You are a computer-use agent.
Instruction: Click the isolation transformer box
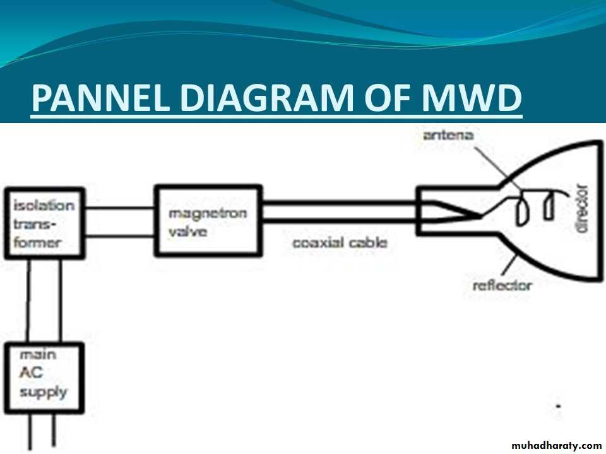pos(45,223)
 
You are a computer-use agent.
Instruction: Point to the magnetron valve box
pos(208,220)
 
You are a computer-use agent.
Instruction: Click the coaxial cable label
pos(340,242)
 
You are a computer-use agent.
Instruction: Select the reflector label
pos(502,286)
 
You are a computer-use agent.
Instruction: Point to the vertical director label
pos(581,208)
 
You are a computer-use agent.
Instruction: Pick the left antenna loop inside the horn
pos(523,211)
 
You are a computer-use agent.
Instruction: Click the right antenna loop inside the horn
pos(548,207)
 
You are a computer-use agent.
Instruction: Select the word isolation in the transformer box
pos(44,206)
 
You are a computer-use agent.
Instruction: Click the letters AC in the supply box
pos(31,373)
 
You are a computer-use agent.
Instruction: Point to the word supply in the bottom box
pos(42,392)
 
